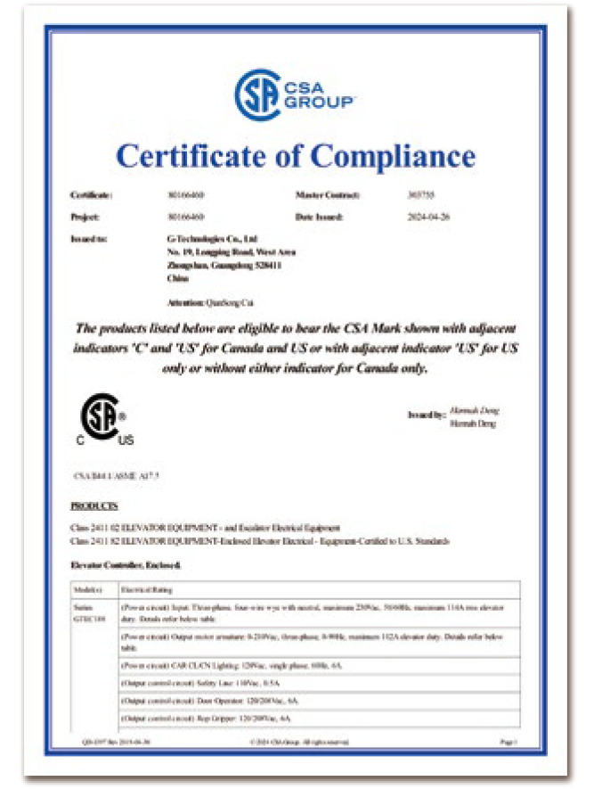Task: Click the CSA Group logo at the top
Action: (x=295, y=94)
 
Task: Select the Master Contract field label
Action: (x=327, y=193)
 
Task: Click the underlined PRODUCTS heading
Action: (x=94, y=506)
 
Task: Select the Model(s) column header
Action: (x=86, y=589)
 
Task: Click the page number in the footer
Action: (x=508, y=742)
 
